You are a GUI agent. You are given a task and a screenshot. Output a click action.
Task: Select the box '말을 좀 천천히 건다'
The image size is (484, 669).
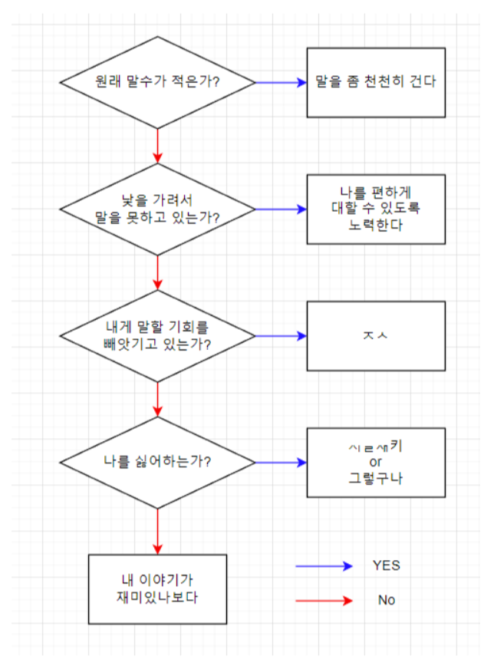coord(376,82)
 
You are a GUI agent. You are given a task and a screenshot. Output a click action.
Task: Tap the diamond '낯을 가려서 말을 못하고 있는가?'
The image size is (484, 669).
coord(157,209)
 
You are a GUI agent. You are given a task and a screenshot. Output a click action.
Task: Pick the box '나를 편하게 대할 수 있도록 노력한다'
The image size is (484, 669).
coord(376,209)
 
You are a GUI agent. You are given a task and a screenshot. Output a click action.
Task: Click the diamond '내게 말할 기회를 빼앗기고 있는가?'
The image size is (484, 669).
coord(157,336)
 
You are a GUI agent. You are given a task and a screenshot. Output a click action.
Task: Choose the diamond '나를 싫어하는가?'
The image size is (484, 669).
coord(157,463)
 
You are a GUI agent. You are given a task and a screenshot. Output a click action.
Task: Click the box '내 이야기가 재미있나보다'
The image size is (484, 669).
coord(157,588)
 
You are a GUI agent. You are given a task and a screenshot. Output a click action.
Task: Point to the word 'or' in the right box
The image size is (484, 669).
coord(376,463)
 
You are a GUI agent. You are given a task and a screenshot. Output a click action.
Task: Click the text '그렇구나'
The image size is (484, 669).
coord(376,479)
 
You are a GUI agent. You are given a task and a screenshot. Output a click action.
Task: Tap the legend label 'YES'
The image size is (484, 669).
coord(386,565)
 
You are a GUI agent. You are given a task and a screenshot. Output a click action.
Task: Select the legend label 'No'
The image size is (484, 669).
coord(386,600)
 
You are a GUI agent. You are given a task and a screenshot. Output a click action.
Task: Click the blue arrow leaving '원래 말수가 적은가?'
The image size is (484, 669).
coord(281,82)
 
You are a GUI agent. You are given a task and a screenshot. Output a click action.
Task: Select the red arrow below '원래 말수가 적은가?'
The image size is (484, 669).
coord(157,145)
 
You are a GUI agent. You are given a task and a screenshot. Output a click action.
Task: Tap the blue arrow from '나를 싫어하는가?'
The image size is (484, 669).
coord(281,463)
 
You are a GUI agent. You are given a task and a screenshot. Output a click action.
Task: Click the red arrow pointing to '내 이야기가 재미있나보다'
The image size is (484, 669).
coord(157,531)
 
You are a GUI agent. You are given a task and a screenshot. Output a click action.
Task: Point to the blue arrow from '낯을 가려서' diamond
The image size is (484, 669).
coord(281,209)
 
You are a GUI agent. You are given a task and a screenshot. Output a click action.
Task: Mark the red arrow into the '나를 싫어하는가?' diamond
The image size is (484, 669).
coord(157,399)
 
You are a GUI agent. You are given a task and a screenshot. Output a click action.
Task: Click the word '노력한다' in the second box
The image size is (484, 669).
coord(376,226)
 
